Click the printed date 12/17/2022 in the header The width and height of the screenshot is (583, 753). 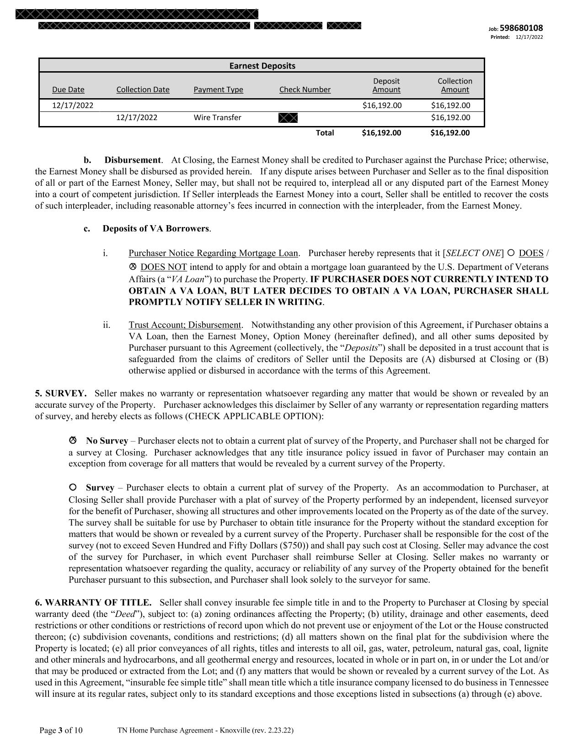tap(529, 37)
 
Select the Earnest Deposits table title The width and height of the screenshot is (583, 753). tap(262, 66)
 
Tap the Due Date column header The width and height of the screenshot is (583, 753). tap(68, 90)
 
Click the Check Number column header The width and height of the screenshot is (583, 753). tap(305, 90)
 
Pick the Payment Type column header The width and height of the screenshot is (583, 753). tap(218, 90)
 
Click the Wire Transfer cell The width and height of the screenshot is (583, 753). tap(217, 117)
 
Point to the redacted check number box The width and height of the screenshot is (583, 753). tap(288, 118)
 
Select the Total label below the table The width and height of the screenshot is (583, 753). tap(325, 133)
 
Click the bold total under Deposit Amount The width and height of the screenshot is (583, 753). tap(381, 133)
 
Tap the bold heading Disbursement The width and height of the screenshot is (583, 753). tap(133, 160)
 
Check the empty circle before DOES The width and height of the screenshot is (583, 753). tap(511, 253)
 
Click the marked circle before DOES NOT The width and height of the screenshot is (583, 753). tap(133, 266)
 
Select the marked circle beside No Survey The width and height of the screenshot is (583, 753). tap(73, 440)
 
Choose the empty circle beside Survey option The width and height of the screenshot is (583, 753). tap(73, 487)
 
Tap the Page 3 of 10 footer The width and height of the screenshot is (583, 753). tap(61, 730)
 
